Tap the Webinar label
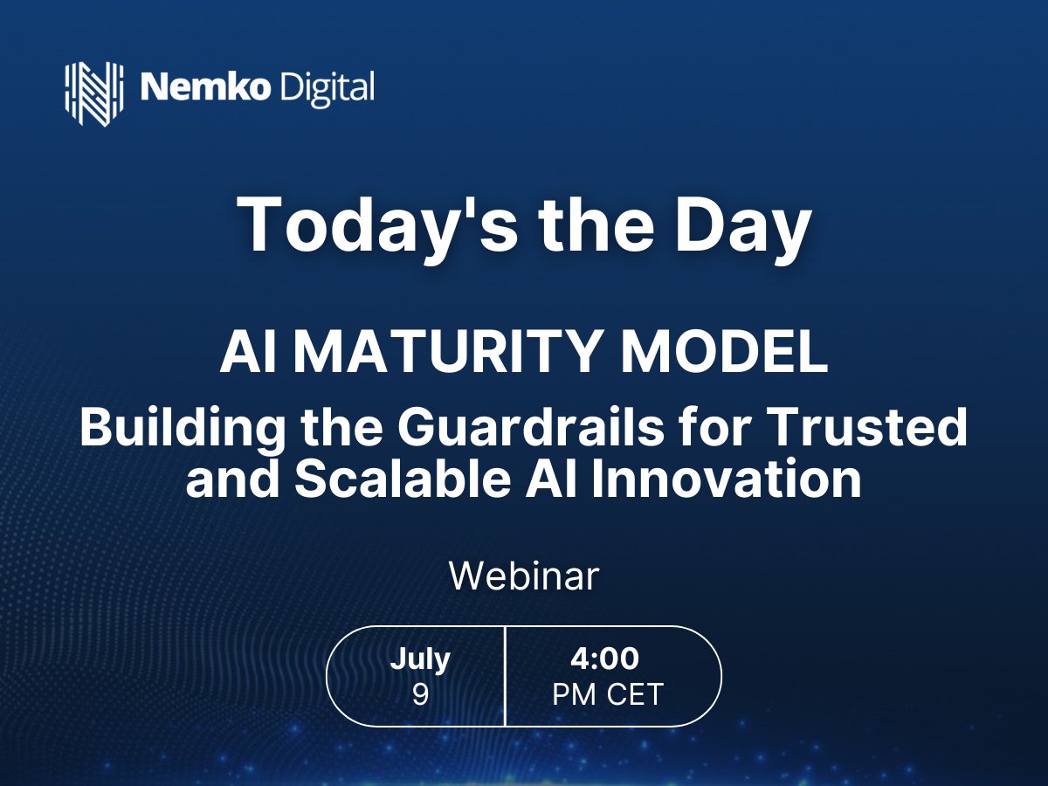tap(524, 576)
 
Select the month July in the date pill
tap(420, 658)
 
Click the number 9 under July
tap(420, 695)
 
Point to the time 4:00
tap(604, 658)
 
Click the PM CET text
tap(608, 695)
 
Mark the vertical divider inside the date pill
tap(506, 676)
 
